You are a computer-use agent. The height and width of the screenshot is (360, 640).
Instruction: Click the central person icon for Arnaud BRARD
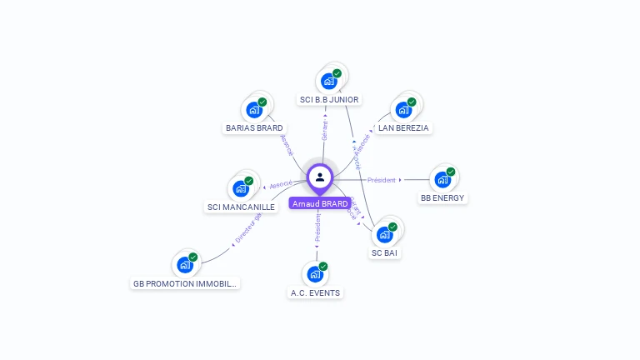point(320,177)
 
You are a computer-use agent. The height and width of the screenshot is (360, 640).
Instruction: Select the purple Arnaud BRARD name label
point(320,203)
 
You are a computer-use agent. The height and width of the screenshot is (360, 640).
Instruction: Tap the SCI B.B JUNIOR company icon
point(328,82)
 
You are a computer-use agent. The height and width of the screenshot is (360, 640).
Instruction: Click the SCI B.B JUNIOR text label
point(329,100)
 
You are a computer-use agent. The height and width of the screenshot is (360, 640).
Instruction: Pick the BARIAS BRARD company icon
point(253,110)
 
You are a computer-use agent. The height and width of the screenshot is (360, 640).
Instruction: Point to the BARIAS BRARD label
point(254,128)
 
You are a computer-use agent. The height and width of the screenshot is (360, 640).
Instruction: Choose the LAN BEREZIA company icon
point(403,110)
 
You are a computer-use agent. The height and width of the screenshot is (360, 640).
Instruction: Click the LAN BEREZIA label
point(403,128)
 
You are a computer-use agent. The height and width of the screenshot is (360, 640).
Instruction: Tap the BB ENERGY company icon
point(442,180)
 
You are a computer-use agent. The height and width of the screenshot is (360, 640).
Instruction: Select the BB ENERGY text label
point(442,198)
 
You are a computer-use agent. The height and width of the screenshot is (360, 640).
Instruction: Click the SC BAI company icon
point(384,234)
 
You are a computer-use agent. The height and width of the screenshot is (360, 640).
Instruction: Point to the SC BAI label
point(384,252)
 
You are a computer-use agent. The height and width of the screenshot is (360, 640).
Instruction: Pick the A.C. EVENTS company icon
point(315,274)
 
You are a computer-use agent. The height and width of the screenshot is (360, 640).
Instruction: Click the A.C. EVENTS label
point(316,292)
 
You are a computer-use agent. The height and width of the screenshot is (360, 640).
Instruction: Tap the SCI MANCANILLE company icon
point(241,188)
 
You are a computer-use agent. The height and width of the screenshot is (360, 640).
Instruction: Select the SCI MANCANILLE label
point(241,207)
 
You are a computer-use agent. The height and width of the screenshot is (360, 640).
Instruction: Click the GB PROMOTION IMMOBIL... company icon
point(185,265)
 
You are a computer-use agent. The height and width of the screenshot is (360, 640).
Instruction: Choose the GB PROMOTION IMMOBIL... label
point(185,283)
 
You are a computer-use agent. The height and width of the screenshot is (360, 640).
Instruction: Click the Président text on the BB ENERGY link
point(382,180)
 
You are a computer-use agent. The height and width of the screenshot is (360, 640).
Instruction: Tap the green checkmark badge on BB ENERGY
point(451,172)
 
